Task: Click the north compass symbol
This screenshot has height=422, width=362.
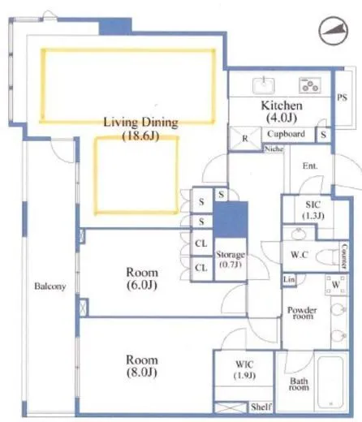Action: point(334,31)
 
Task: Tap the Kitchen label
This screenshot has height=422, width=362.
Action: point(282,105)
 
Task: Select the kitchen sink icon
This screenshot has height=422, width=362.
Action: point(264,85)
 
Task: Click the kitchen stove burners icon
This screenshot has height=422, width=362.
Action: point(310,85)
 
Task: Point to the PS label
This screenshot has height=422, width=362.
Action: point(342,97)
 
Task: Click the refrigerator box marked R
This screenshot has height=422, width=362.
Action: point(245,139)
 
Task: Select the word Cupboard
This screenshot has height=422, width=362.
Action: point(286,134)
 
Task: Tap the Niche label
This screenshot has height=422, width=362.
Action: point(274,149)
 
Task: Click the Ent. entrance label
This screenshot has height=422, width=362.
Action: point(310,166)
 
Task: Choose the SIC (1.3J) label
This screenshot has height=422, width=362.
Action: point(313,210)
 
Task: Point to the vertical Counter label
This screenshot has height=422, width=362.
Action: point(344,256)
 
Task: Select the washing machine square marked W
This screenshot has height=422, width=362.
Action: point(336,285)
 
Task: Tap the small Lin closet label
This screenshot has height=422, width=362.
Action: point(289,279)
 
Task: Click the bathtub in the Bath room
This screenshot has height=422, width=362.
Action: point(330,382)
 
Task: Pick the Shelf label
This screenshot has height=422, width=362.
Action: point(261,407)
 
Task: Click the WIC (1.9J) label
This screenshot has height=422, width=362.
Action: point(244,369)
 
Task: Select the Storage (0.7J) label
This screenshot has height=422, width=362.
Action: point(231,259)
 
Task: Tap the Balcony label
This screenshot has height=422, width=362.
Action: point(50,286)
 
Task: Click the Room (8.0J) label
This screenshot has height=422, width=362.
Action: point(142,366)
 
